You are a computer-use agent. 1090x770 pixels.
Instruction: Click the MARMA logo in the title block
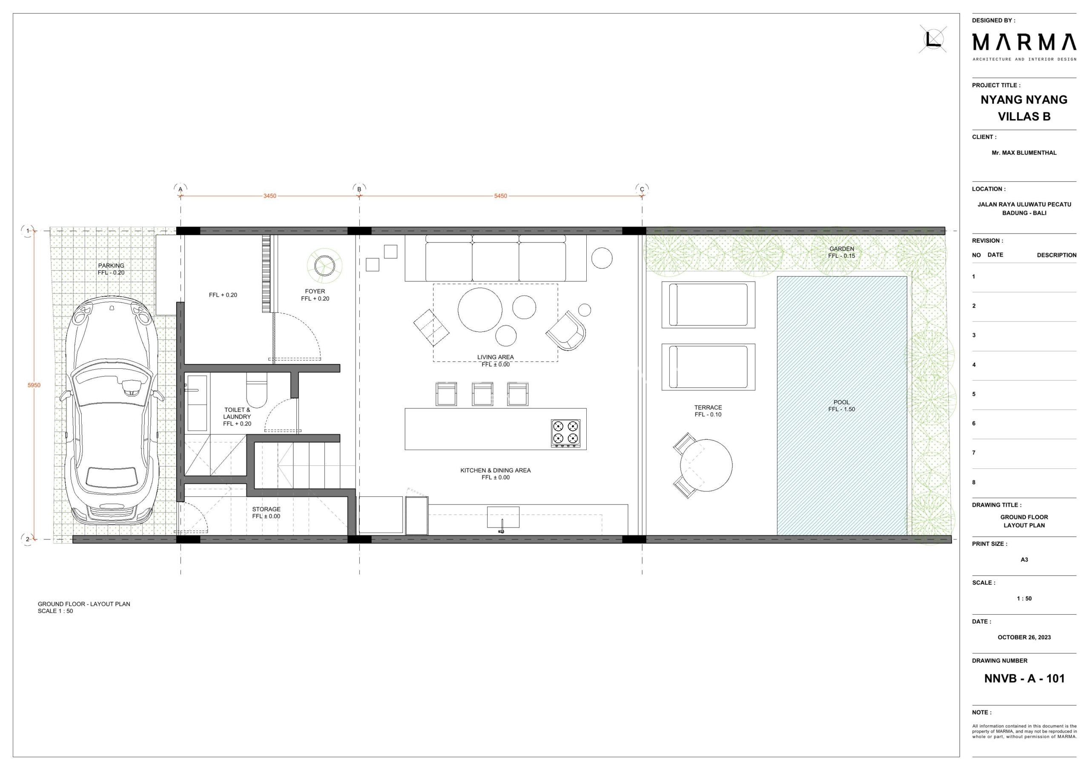(x=1024, y=42)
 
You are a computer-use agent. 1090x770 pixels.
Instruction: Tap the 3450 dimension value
(x=270, y=196)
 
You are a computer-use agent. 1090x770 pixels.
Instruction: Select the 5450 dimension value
(x=500, y=196)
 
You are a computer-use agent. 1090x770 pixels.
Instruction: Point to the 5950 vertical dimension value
(x=34, y=385)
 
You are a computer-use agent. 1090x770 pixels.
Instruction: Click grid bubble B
(x=359, y=189)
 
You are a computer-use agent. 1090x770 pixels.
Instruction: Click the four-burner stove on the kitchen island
(x=565, y=433)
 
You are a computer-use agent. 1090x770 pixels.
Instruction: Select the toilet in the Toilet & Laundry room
(x=257, y=390)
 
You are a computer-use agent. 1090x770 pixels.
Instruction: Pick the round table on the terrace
(x=706, y=465)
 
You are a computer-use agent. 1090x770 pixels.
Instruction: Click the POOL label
(x=842, y=402)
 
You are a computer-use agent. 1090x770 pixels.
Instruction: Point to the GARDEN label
(x=842, y=248)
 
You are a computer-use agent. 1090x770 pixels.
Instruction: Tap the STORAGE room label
(x=267, y=509)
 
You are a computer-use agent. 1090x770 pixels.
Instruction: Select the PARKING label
(x=111, y=266)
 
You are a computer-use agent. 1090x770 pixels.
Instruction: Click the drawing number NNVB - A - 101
(x=1024, y=679)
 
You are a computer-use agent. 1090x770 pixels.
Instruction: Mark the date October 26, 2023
(x=1024, y=637)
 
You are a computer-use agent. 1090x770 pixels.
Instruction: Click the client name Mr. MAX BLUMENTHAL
(x=1024, y=153)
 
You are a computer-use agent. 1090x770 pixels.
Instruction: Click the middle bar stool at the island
(x=482, y=394)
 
